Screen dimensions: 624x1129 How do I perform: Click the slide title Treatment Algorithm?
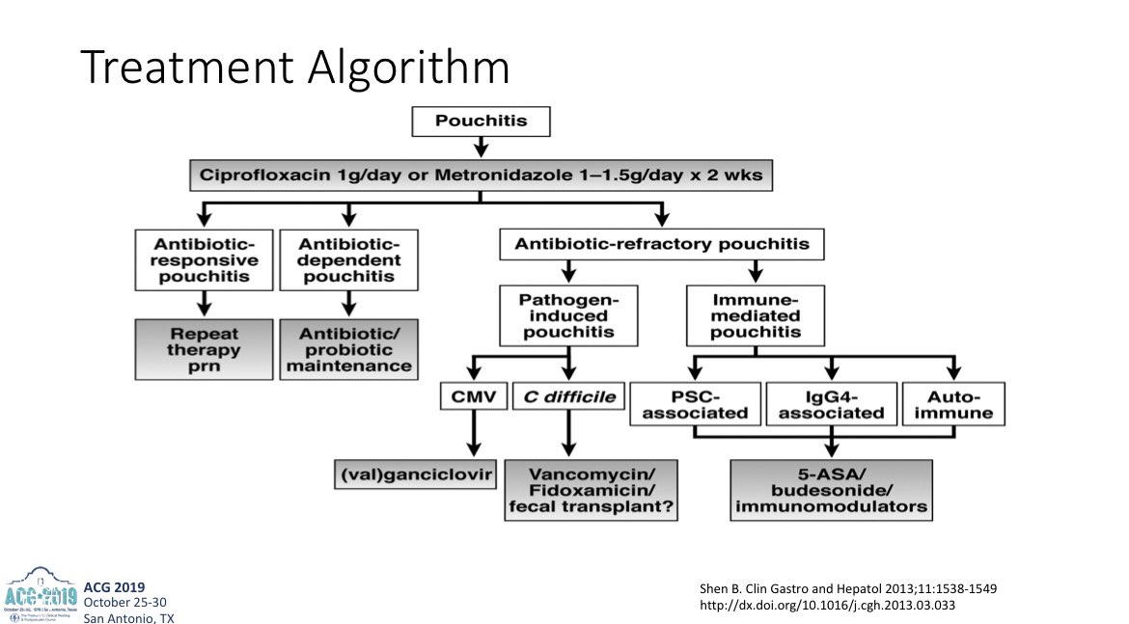[x=294, y=68]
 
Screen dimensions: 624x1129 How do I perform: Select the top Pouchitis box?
[x=480, y=122]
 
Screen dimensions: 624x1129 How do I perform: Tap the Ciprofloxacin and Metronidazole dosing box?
[x=480, y=176]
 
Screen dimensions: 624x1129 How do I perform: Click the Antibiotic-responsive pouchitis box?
[x=204, y=260]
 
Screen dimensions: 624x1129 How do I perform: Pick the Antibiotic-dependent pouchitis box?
[x=349, y=260]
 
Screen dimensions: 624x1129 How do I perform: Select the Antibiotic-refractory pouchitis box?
[x=661, y=244]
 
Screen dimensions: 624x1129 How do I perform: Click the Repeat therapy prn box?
[x=204, y=349]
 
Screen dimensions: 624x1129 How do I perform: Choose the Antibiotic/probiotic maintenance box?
[x=349, y=349]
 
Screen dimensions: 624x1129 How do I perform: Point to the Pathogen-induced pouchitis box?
[x=569, y=315]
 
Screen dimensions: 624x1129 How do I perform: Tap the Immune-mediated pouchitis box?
[x=756, y=315]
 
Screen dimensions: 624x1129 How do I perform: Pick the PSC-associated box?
[x=696, y=403]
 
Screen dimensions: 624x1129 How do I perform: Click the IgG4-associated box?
[x=831, y=403]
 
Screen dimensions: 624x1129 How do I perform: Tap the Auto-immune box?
[x=952, y=403]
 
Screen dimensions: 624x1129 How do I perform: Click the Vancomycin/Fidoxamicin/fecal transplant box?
[x=590, y=490]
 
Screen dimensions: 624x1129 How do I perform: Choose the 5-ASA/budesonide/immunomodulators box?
[x=831, y=490]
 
